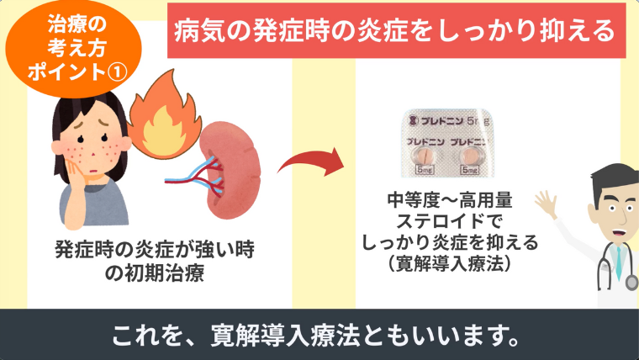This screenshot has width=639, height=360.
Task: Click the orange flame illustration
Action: click(x=165, y=115)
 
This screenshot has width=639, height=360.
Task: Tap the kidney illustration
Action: click(x=230, y=170)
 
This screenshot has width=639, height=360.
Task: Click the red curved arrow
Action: click(x=311, y=161)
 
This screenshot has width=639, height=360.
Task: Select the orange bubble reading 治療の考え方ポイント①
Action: click(x=74, y=48)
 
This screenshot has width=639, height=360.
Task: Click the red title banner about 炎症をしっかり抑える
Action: click(x=396, y=30)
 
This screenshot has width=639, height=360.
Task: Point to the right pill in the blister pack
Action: click(x=470, y=156)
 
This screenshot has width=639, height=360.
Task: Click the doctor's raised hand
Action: click(x=546, y=203)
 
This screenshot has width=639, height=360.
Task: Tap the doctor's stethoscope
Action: click(x=617, y=267)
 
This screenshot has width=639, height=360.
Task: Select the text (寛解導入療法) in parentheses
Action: click(x=450, y=264)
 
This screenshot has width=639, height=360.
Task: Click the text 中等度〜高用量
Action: click(x=450, y=200)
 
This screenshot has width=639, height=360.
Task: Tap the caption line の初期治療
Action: click(x=155, y=273)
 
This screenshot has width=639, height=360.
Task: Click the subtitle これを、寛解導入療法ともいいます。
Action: click(x=316, y=335)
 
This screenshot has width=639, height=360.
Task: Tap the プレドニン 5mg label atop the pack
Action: click(x=451, y=120)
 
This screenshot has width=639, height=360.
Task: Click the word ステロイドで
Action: click(x=449, y=221)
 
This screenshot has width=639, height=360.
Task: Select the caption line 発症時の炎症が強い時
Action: click(x=155, y=249)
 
